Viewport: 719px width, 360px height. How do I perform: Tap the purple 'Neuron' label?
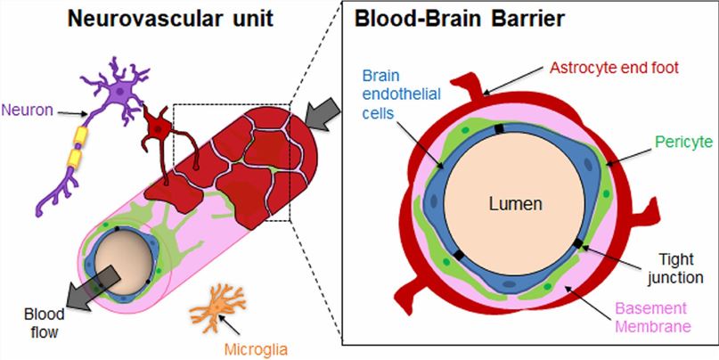click(27, 110)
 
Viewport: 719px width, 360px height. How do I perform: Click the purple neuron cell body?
click(118, 91)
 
